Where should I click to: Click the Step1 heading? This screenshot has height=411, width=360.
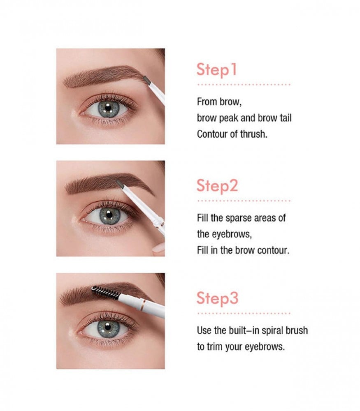tap(216, 70)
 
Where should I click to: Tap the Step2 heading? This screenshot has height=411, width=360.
tap(217, 186)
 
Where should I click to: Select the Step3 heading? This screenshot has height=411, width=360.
tap(218, 298)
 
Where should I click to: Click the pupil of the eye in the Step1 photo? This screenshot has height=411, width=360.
tap(108, 107)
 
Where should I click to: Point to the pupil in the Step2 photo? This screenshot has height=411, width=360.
tap(109, 215)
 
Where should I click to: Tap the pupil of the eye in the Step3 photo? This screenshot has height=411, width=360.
tap(107, 327)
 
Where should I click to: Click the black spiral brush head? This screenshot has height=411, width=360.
tap(105, 293)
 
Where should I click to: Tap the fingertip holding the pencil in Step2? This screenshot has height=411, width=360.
tap(158, 248)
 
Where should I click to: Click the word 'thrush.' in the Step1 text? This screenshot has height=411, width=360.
tap(253, 134)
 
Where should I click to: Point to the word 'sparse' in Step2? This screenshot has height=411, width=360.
tap(239, 218)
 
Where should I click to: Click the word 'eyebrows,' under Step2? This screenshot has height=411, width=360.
tap(232, 234)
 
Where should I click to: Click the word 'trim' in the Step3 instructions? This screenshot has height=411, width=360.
tap(215, 347)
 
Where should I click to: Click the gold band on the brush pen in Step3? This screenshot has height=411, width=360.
tap(143, 305)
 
